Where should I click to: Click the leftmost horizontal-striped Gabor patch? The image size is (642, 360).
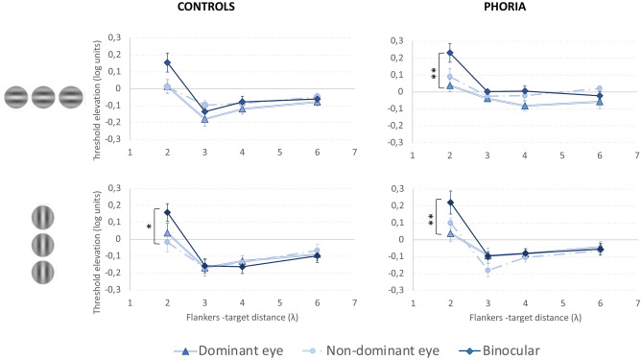tap(18, 97)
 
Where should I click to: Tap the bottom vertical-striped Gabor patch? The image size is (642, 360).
tap(45, 270)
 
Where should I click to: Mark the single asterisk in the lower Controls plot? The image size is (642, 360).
tap(150, 228)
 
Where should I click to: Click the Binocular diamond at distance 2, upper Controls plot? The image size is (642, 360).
tap(167, 62)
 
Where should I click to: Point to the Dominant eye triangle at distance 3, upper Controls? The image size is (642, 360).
tap(204, 119)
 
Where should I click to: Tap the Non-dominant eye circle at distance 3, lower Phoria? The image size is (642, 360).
tap(487, 270)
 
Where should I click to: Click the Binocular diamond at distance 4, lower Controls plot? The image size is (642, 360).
tap(242, 266)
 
